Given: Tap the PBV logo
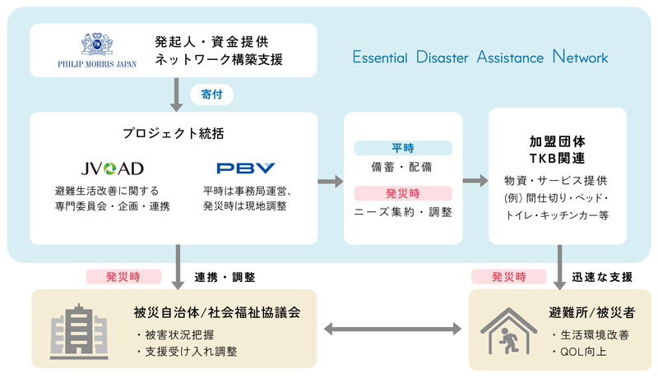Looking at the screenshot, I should pos(245,168).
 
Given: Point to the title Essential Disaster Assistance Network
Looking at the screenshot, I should pos(480,58).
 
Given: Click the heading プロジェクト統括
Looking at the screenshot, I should pos(173,134).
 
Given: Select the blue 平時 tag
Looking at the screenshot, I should pos(403,148).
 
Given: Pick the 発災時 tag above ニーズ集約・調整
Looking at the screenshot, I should pos(403,193).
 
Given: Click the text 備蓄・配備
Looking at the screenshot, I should pos(403,167).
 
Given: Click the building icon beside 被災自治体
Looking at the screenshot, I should pos(79,330).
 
